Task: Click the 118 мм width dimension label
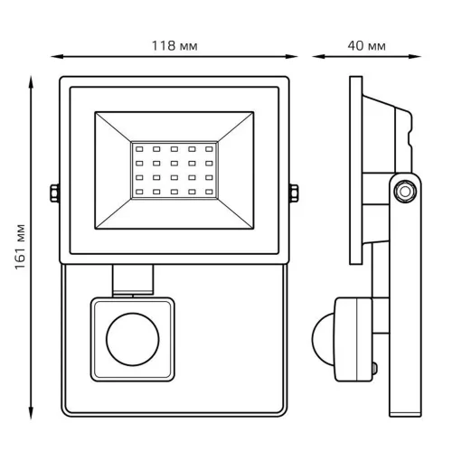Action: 174,46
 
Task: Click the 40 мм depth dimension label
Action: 366,46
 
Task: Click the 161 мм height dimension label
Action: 21,247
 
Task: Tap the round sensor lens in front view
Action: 133,339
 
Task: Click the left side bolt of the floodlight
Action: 54,193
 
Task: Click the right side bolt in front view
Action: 294,193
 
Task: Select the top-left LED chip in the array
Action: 139,149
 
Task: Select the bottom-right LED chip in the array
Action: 209,192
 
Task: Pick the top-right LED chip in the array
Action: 209,149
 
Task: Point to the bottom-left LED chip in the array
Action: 139,192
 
